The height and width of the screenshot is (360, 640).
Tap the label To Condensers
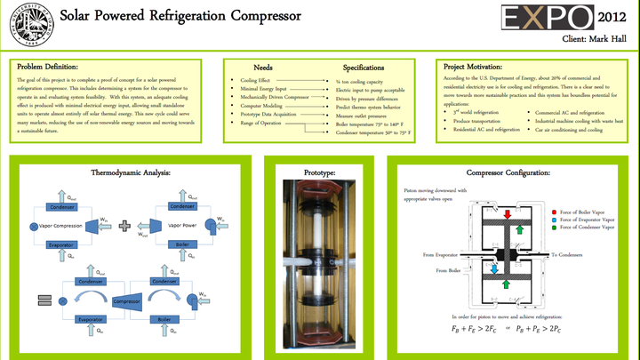tap(567, 254)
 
